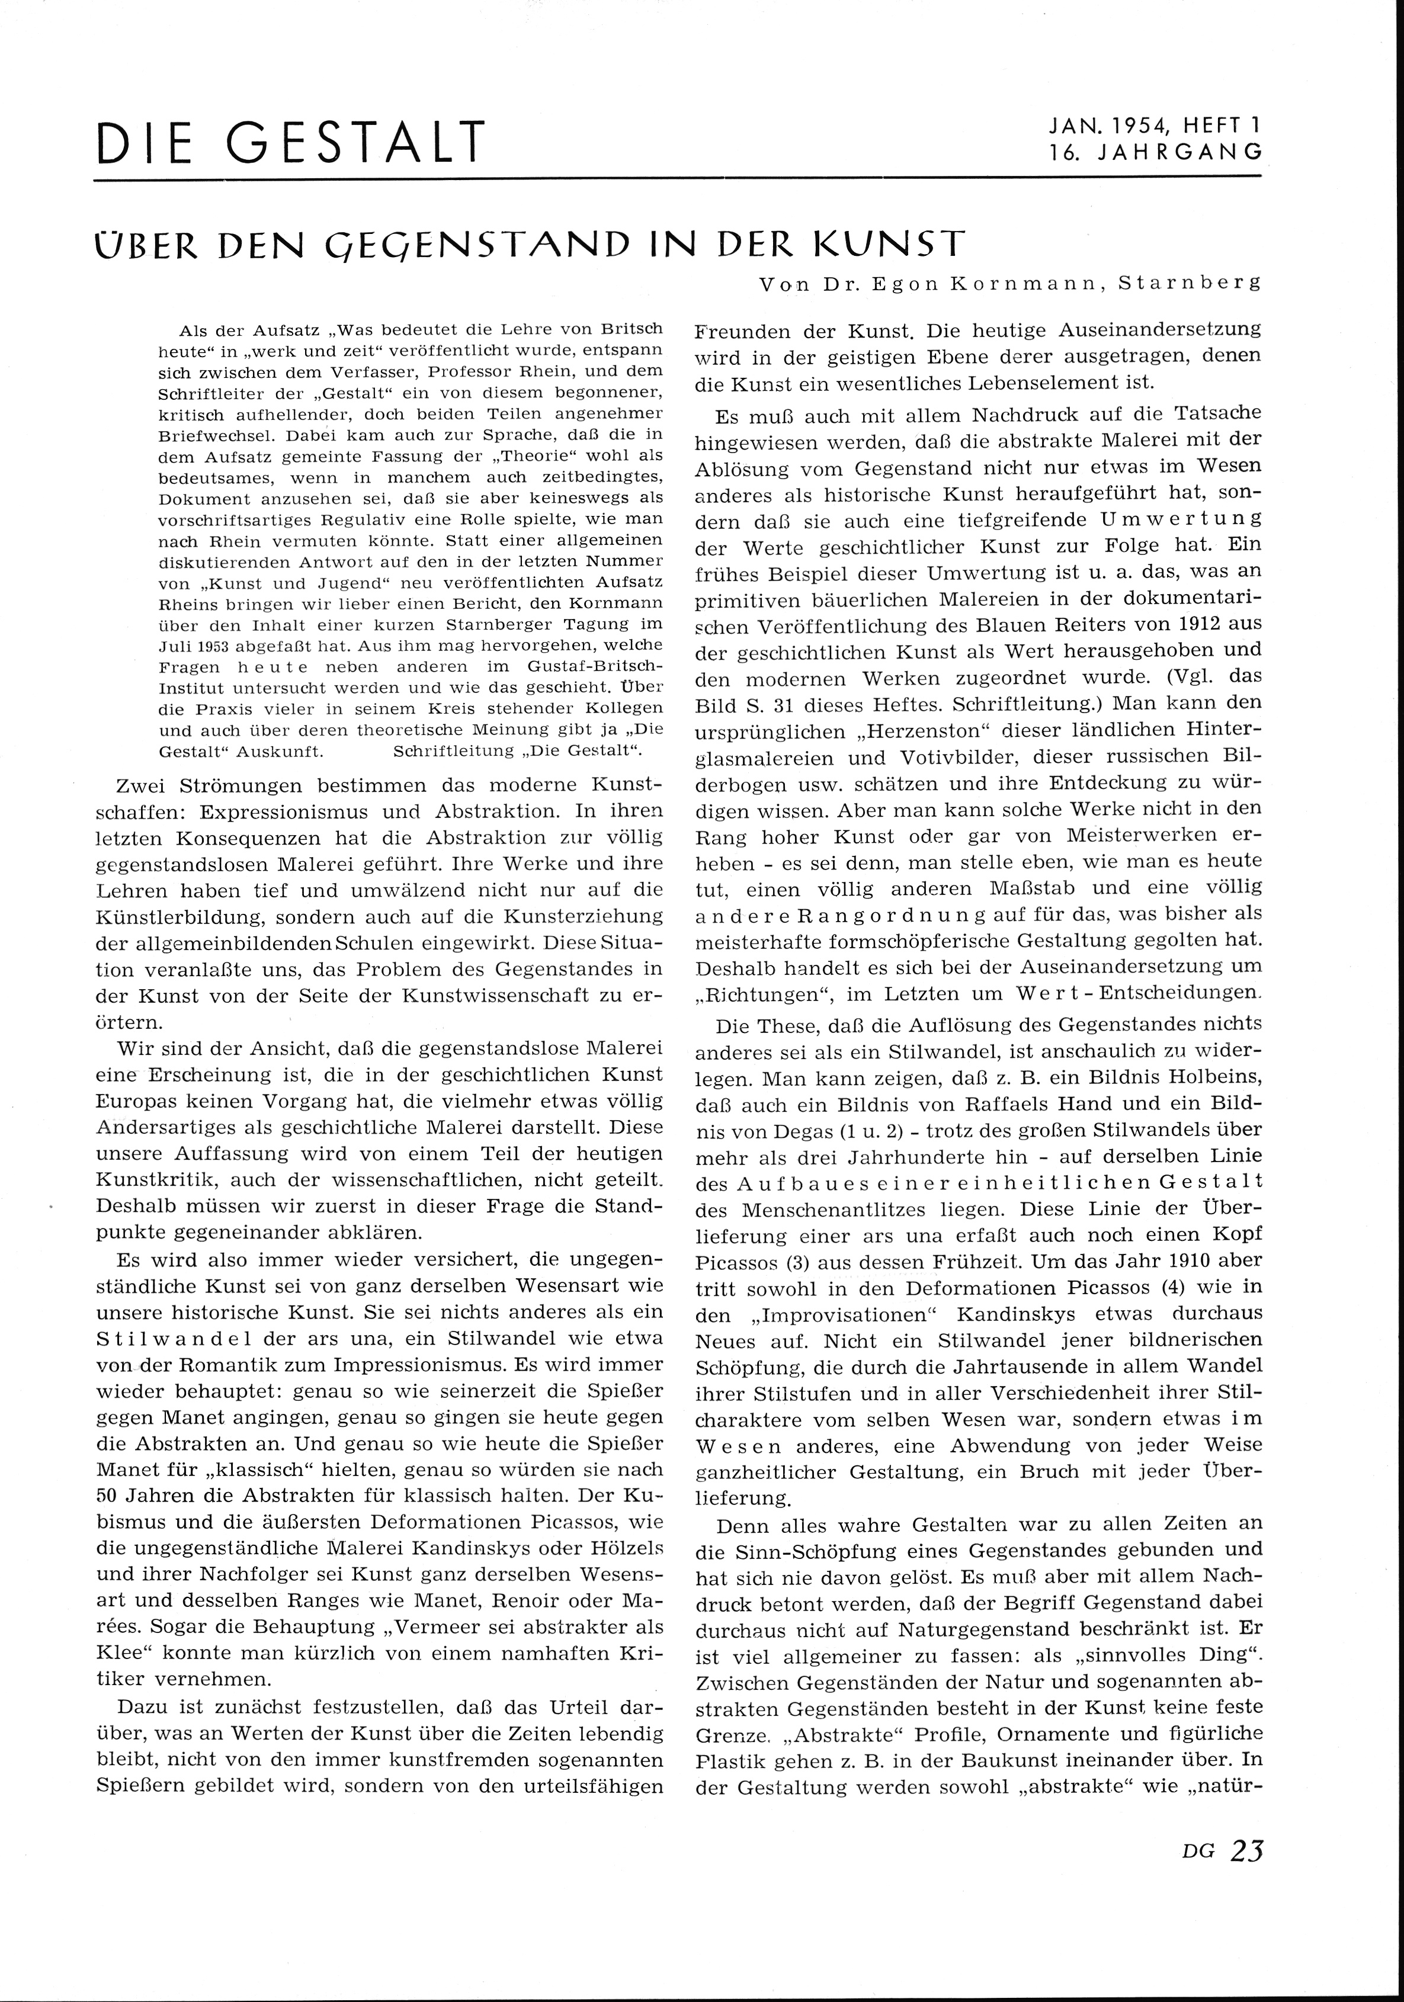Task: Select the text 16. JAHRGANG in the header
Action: tap(1155, 152)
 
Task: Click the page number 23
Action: tap(1246, 1874)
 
